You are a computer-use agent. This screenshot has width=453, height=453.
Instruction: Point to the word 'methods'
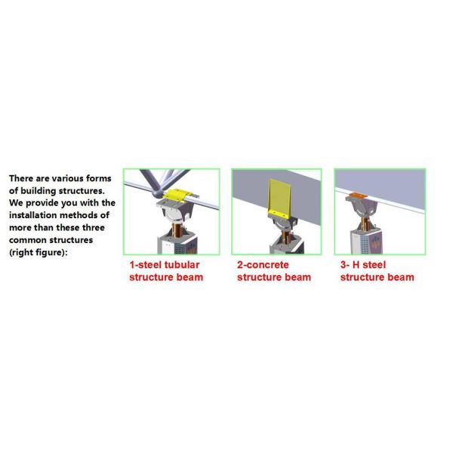88,215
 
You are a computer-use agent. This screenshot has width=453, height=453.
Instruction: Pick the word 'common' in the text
29,240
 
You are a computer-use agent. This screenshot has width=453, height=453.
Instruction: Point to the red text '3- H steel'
365,265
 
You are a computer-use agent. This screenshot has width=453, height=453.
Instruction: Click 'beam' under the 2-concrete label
293,277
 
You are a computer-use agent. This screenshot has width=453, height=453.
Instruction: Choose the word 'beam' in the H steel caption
396,277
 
